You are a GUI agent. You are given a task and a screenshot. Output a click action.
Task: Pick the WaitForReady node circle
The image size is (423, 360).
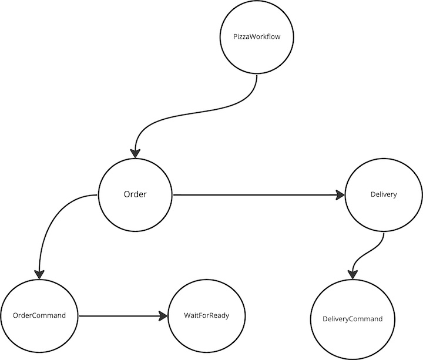[x=206, y=316]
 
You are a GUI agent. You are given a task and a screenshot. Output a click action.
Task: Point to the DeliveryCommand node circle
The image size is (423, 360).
[x=352, y=319]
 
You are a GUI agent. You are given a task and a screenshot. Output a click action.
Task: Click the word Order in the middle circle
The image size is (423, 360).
[x=135, y=195]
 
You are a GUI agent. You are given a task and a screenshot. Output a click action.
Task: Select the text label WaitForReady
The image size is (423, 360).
[x=206, y=316]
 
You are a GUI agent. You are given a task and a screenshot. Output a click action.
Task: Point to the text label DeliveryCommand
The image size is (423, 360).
[x=352, y=319]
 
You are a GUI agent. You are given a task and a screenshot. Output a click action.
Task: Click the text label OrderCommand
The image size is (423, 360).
[x=39, y=316]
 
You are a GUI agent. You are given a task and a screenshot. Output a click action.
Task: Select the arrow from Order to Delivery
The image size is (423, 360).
[x=253, y=195]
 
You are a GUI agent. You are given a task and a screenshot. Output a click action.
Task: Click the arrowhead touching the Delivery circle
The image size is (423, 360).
[x=340, y=195]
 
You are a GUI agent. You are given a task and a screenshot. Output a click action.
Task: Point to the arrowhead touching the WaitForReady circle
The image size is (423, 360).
[x=163, y=316]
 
